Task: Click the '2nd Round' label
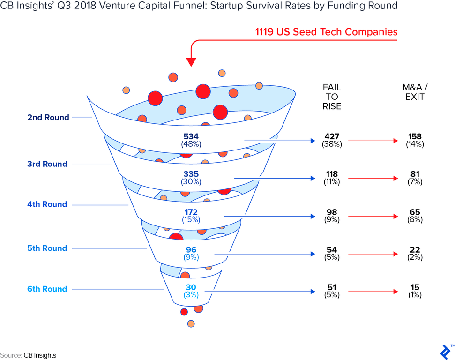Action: [48, 118]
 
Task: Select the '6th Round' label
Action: [48, 289]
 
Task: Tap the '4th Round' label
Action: [48, 204]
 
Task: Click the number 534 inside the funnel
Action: [191, 136]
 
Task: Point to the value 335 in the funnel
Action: [191, 174]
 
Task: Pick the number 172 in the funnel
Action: [191, 212]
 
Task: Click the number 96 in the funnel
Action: [191, 249]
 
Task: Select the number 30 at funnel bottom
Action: [191, 287]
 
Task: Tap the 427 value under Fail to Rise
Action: [331, 136]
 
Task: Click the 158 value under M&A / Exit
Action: [415, 136]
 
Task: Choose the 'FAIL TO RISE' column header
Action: [332, 97]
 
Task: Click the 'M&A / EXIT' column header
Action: [415, 92]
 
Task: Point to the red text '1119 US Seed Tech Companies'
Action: [326, 32]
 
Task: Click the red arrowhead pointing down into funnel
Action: [191, 62]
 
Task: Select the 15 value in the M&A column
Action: [415, 287]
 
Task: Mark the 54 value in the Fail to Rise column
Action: [331, 249]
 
